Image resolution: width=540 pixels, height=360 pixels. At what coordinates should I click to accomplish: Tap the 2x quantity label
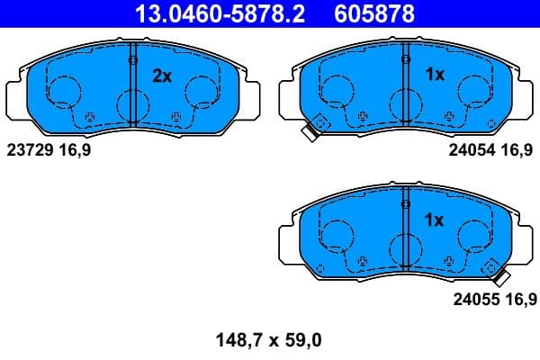click(162, 76)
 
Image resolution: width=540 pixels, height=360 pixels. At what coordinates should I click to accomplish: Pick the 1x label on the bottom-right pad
click(435, 220)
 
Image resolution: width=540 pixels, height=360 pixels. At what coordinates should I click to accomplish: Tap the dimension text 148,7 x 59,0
click(268, 340)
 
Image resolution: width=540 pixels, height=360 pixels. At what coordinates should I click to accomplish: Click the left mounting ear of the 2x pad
click(16, 94)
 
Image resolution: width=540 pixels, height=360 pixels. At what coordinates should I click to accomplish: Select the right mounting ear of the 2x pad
click(249, 94)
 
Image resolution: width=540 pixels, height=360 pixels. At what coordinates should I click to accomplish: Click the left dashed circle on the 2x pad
click(62, 92)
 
